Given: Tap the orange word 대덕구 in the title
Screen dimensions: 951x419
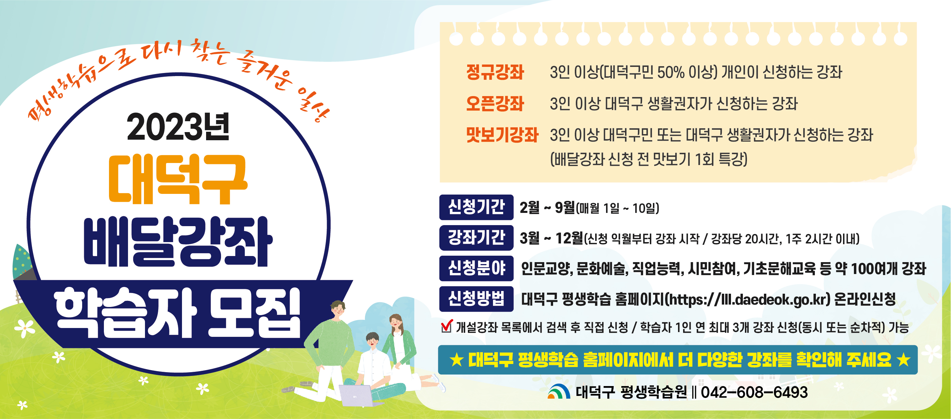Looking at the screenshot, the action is tap(178, 179).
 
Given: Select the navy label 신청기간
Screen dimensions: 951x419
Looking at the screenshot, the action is tap(476, 207).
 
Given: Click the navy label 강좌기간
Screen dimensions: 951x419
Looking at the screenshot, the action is tap(476, 238).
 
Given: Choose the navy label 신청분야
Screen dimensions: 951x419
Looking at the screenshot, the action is tap(476, 268).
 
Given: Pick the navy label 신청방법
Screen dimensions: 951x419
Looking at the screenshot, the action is tap(476, 299).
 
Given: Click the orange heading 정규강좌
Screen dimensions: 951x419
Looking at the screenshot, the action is tap(495, 72).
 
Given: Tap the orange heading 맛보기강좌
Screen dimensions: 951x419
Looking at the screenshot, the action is tap(502, 135).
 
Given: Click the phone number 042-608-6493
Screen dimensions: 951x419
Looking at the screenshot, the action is tap(754, 392).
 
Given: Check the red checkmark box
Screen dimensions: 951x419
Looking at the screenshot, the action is tap(447, 326).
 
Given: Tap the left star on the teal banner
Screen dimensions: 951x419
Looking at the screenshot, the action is tap(457, 360).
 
